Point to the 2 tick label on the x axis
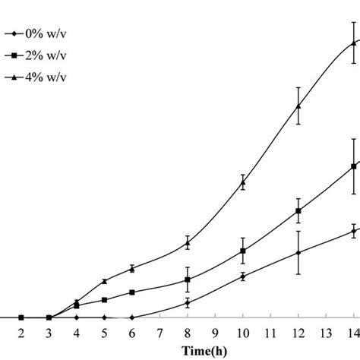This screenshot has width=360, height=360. click(x=21, y=333)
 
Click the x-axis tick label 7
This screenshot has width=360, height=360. click(x=159, y=333)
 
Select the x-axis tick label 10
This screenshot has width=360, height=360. click(x=242, y=333)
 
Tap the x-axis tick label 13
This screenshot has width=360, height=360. click(x=326, y=333)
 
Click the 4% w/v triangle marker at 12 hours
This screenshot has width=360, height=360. click(x=298, y=106)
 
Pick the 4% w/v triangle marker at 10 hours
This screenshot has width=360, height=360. click(x=243, y=182)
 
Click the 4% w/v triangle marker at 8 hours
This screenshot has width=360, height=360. click(x=188, y=243)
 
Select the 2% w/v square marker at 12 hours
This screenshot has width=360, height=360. click(x=298, y=211)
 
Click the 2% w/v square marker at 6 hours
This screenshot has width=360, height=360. click(x=132, y=292)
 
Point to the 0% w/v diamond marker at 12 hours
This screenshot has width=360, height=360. click(x=298, y=252)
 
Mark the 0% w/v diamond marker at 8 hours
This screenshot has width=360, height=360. click(x=188, y=302)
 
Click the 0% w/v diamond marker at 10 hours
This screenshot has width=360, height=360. click(x=243, y=276)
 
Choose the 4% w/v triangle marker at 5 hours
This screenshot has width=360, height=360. click(x=104, y=281)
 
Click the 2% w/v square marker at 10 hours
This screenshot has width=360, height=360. click(x=243, y=251)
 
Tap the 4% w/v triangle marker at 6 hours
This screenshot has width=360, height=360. click(x=132, y=268)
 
